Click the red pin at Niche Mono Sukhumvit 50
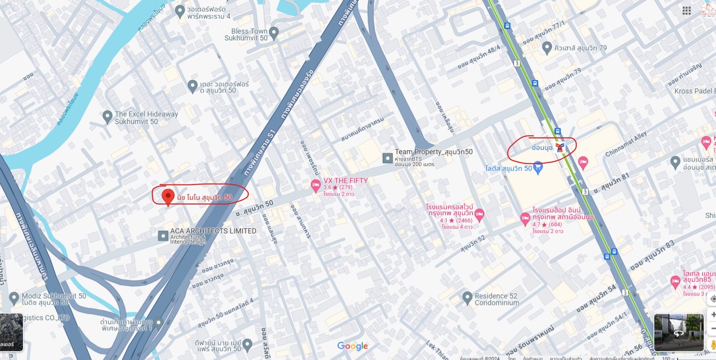click(x=168, y=196)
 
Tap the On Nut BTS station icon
click(x=560, y=147)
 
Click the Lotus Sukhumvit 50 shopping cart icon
click(x=538, y=167)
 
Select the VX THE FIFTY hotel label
click(x=345, y=181)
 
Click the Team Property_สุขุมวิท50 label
click(x=433, y=152)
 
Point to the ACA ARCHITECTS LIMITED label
click(x=213, y=231)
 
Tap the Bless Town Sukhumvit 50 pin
click(x=274, y=32)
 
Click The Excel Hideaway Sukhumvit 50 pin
click(x=107, y=117)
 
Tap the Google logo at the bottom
click(x=352, y=346)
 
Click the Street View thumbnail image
click(x=678, y=332)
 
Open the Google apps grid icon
click(x=687, y=11)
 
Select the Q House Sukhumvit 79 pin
click(x=547, y=48)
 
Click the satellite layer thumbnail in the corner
click(x=11, y=332)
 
